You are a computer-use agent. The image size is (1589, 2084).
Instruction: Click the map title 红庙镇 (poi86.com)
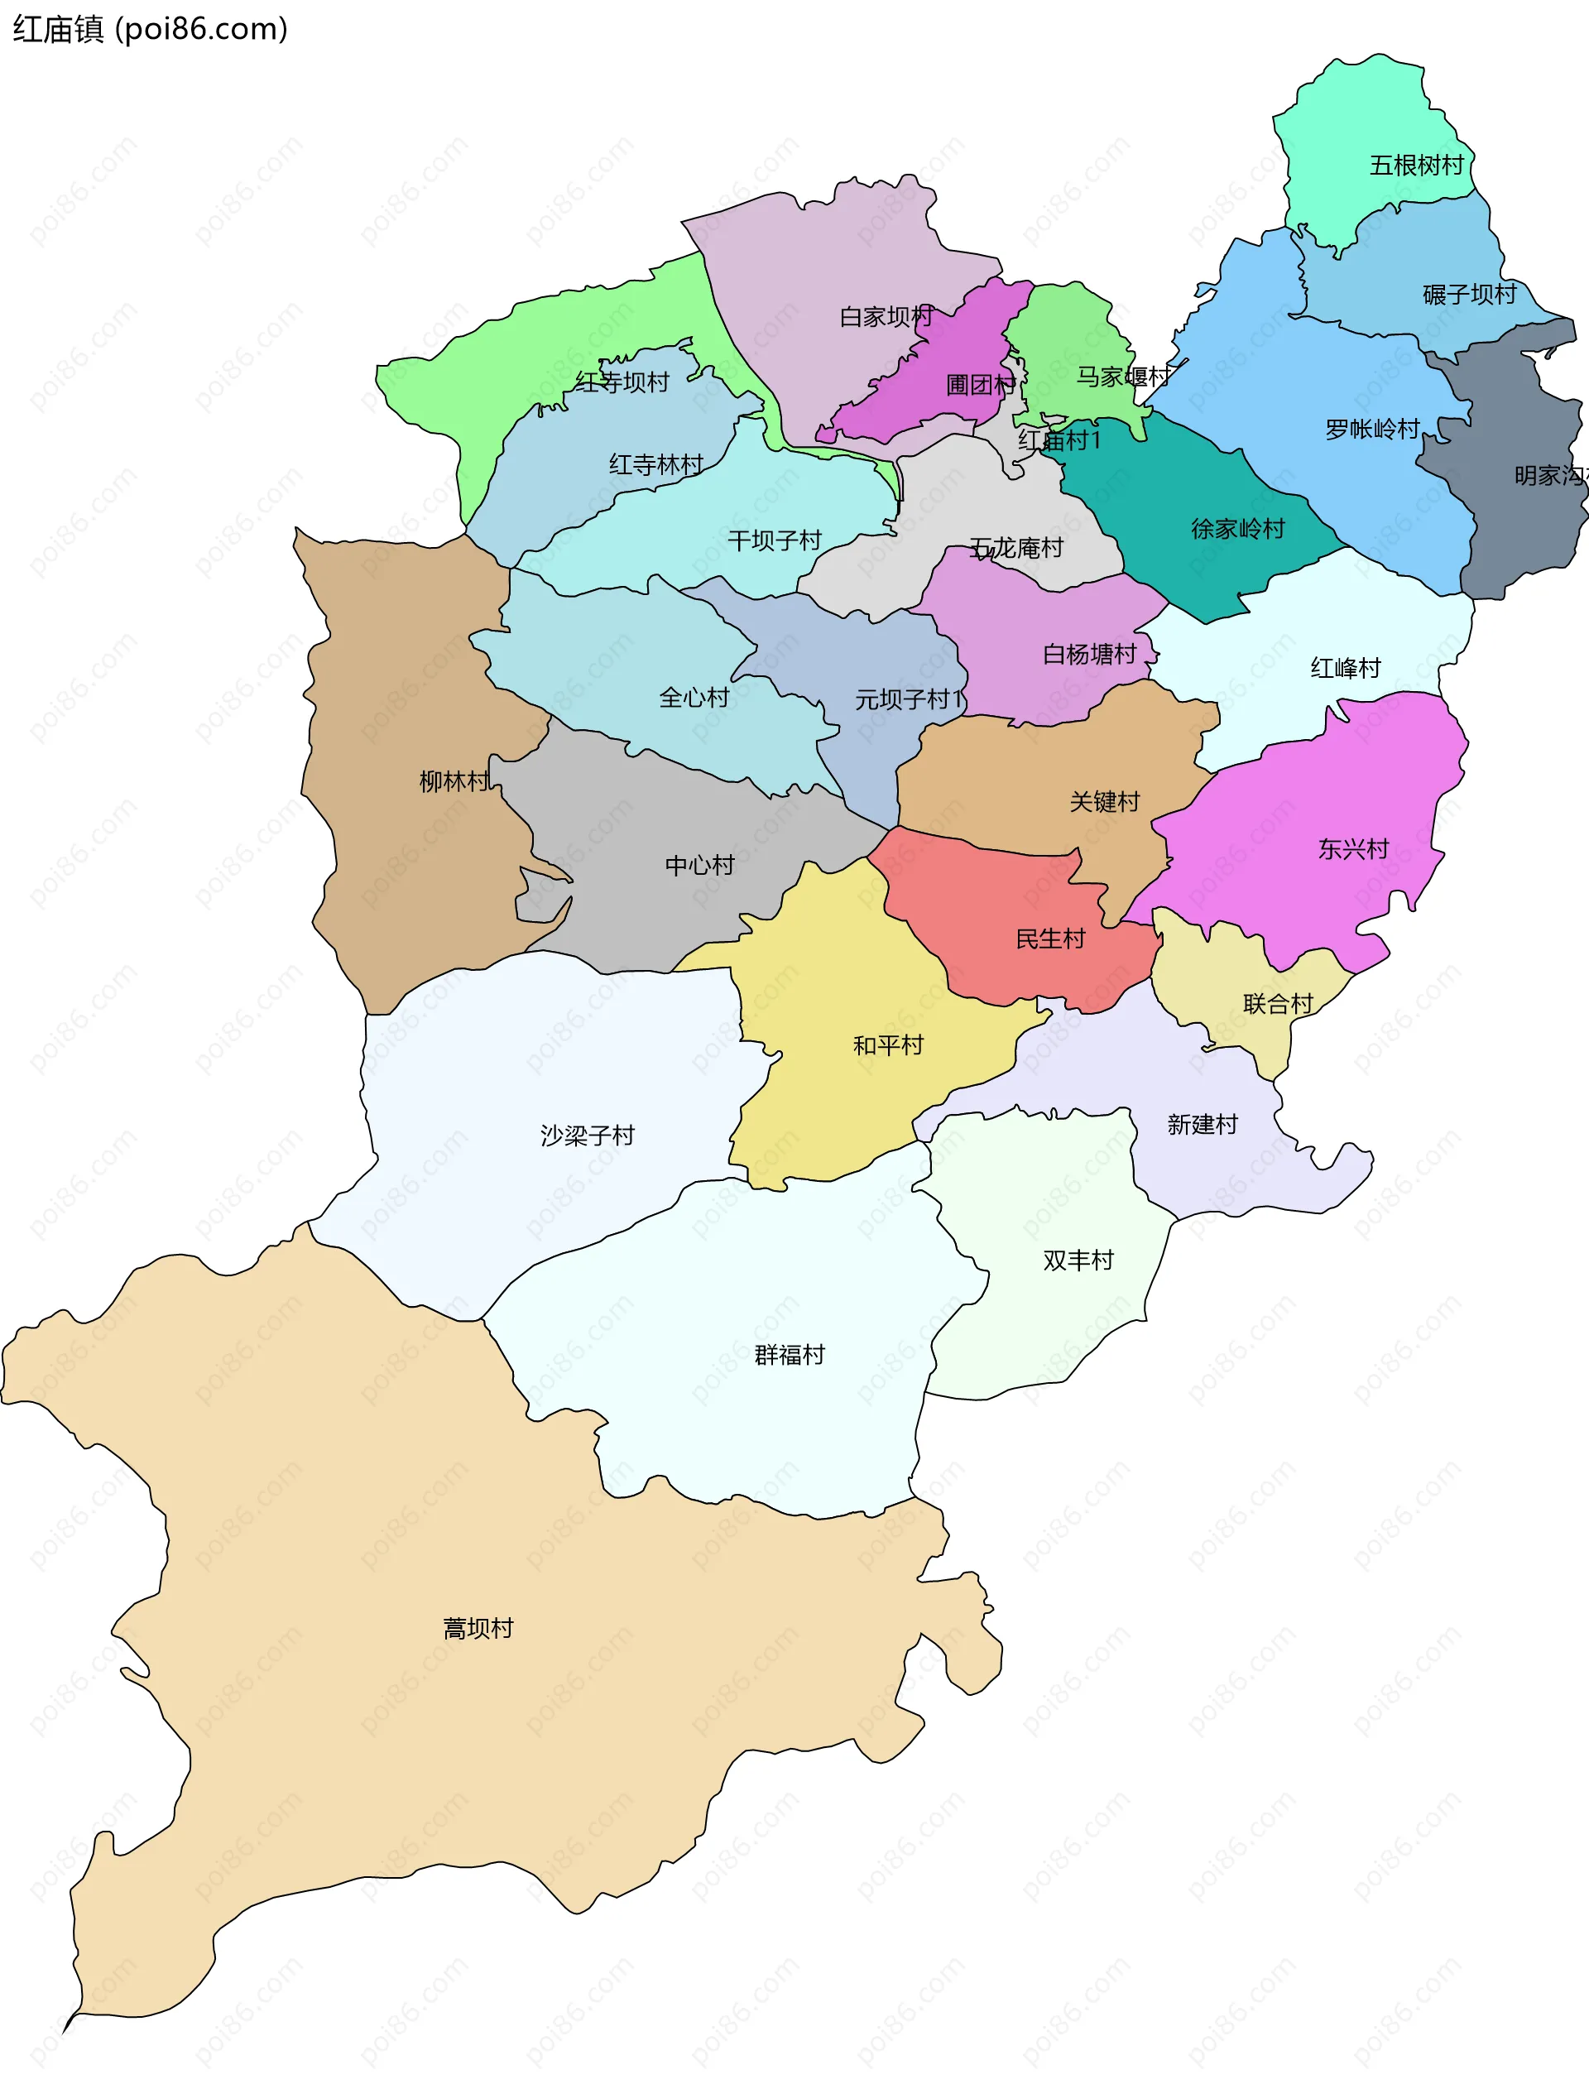[150, 28]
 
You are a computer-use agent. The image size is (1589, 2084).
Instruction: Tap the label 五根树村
[1416, 166]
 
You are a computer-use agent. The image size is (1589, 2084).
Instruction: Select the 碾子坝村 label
[1469, 294]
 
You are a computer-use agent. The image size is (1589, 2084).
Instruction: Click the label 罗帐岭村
[1371, 430]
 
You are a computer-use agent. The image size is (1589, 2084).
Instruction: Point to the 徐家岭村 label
[1237, 529]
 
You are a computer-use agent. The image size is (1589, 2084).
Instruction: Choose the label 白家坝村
[886, 317]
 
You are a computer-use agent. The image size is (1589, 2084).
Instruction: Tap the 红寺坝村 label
[622, 382]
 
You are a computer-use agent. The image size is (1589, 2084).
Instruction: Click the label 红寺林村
[655, 464]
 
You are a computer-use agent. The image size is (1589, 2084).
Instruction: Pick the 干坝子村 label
[774, 541]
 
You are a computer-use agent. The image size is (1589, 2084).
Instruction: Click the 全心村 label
[694, 699]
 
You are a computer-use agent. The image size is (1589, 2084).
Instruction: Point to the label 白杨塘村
[1088, 655]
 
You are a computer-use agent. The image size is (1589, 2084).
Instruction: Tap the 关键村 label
[1104, 802]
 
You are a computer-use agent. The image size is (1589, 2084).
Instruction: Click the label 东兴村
[1352, 849]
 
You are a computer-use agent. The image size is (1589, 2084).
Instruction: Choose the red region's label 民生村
[1050, 939]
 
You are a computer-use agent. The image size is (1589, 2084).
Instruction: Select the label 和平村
[887, 1045]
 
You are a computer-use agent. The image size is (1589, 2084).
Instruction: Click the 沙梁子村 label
[587, 1136]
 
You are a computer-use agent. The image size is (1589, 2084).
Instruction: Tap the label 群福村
[789, 1355]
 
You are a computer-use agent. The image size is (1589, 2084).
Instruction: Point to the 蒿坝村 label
[478, 1628]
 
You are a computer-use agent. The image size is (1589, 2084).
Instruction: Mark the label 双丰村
[1078, 1260]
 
